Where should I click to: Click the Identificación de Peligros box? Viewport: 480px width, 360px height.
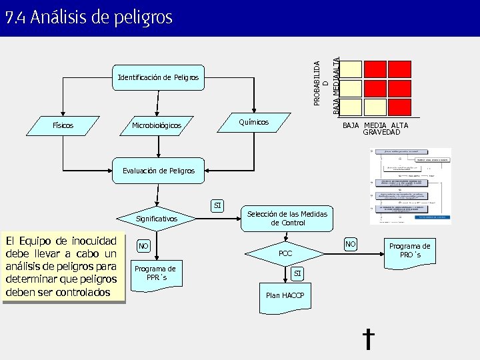[158, 78]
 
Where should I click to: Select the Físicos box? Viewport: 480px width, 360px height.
[63, 125]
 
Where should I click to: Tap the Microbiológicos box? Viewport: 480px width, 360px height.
[157, 125]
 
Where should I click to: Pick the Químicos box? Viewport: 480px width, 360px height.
[254, 122]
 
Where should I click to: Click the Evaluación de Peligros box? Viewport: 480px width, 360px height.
[159, 171]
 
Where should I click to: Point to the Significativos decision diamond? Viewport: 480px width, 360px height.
[157, 218]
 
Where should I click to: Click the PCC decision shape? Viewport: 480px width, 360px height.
[285, 253]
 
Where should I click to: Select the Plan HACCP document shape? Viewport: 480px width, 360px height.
[285, 295]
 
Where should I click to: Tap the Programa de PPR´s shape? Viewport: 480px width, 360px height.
[155, 273]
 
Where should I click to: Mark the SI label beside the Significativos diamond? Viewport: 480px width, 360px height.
[218, 205]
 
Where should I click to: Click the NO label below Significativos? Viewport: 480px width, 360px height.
[143, 247]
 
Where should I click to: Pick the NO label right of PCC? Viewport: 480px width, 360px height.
[350, 245]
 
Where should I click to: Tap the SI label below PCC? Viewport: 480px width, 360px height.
[298, 273]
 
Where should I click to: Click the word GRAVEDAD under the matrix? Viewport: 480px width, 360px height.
[381, 132]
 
